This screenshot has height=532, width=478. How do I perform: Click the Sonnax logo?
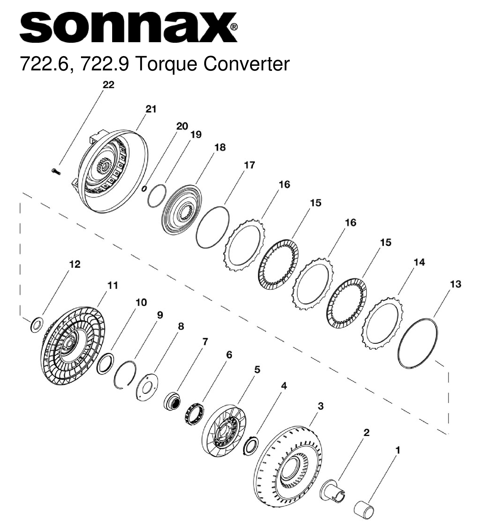click(x=128, y=27)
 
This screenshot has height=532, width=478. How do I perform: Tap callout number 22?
click(x=108, y=85)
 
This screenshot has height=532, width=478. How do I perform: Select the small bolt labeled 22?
click(x=55, y=171)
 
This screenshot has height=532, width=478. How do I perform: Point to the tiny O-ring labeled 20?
click(x=144, y=189)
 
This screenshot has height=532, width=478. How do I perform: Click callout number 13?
click(x=455, y=284)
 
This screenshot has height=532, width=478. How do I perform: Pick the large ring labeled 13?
click(x=417, y=343)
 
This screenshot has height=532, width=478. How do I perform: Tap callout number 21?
click(x=151, y=109)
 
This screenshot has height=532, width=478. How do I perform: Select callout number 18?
click(x=220, y=147)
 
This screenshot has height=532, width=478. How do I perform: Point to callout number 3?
click(x=320, y=406)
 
